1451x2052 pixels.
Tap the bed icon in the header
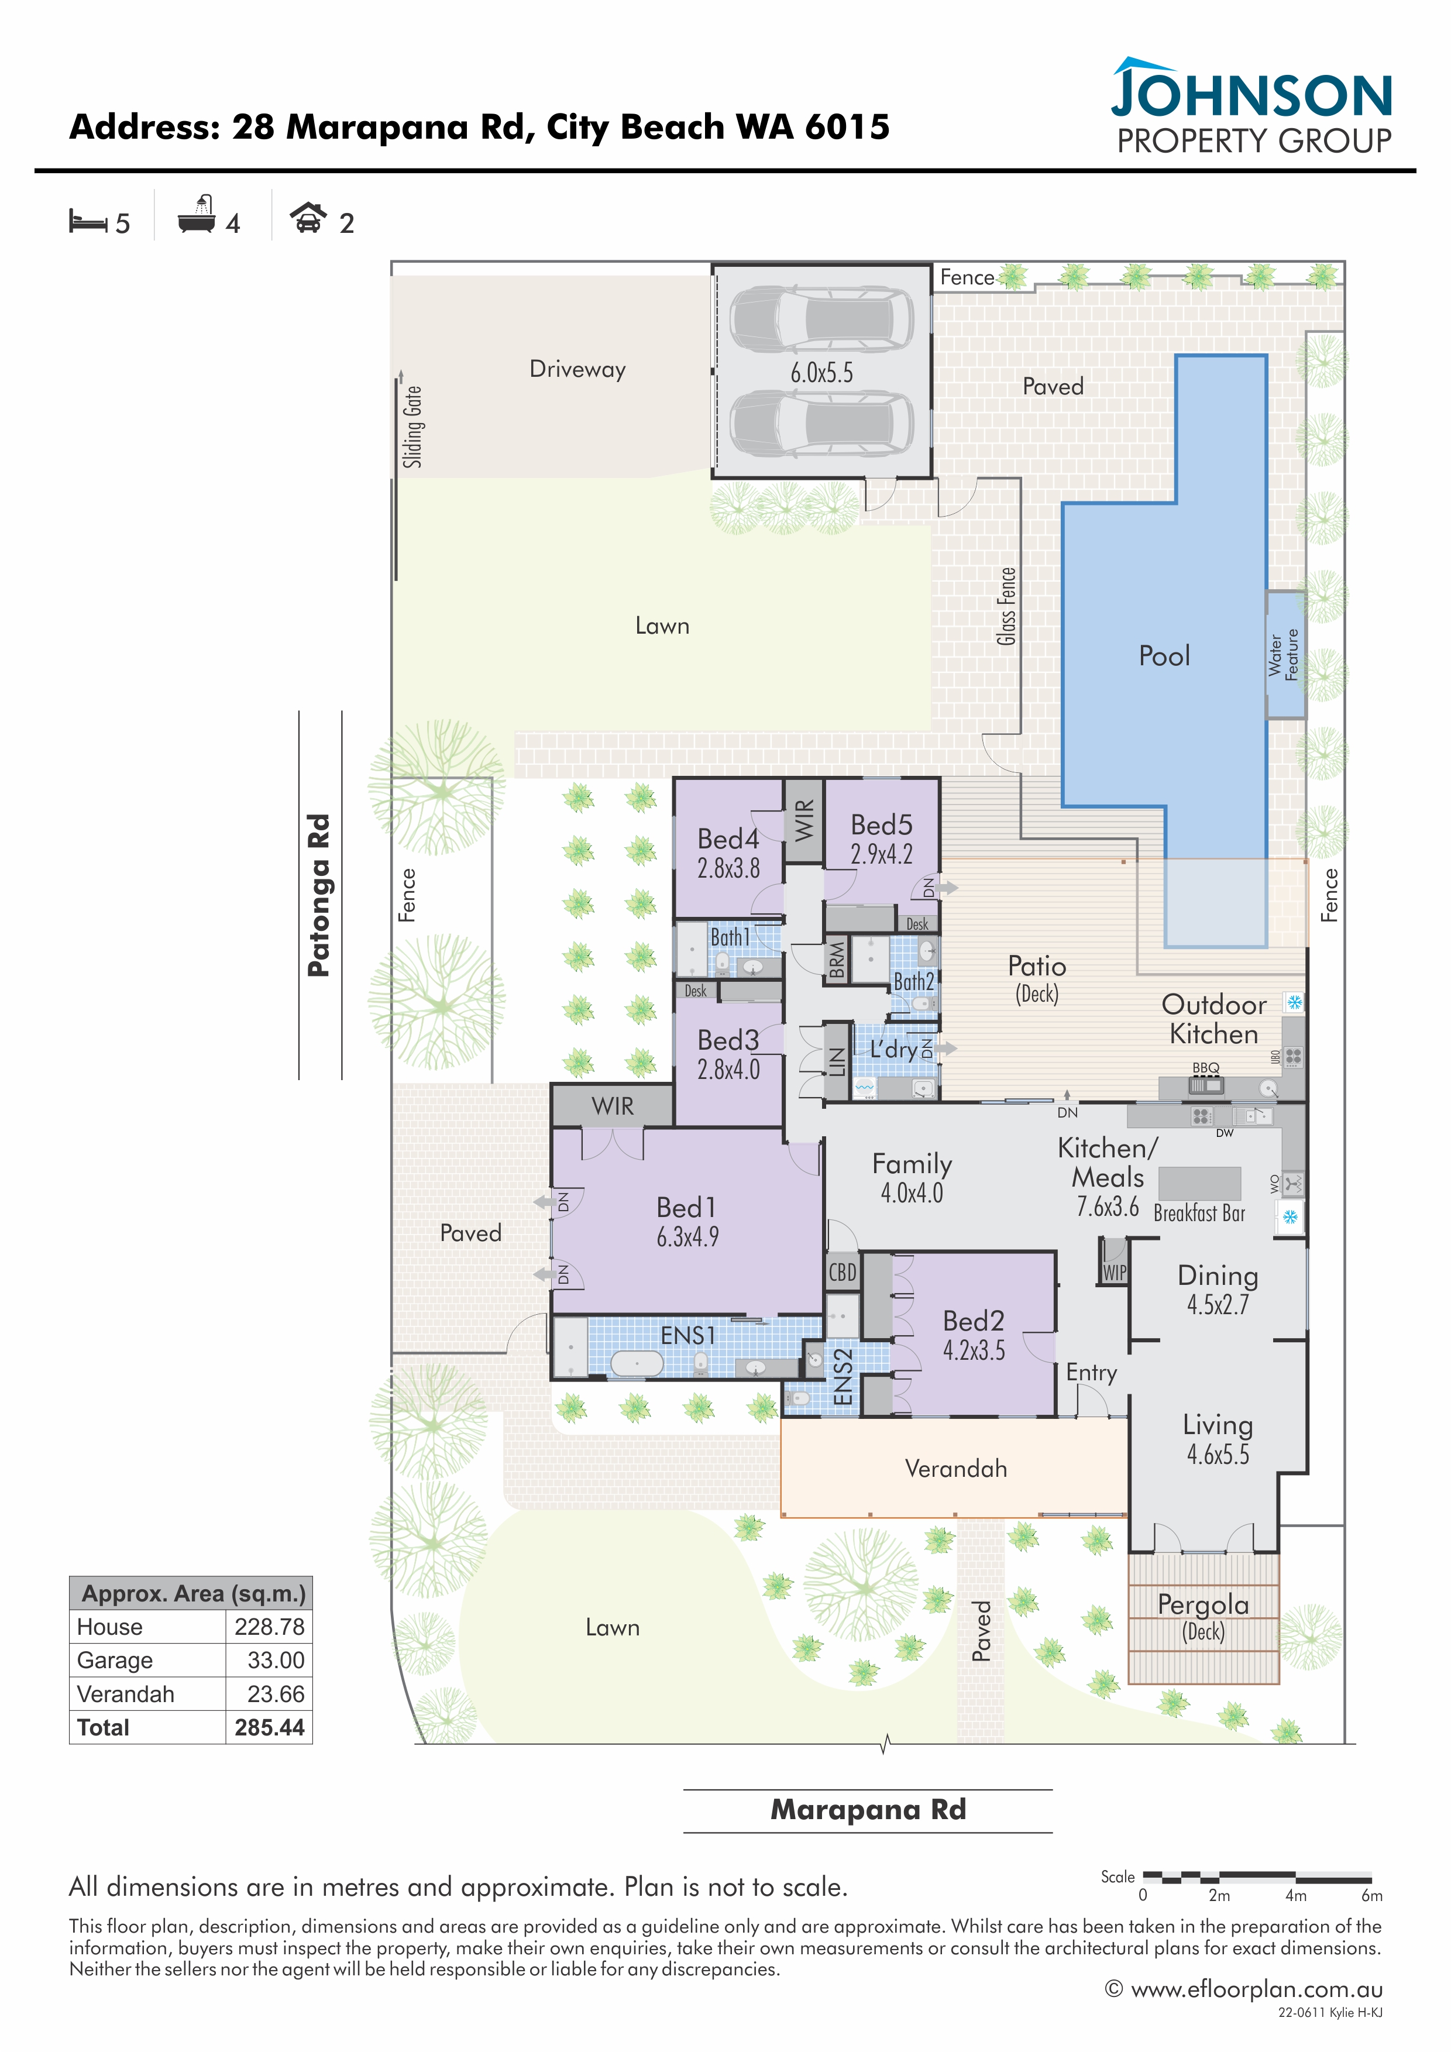coord(88,221)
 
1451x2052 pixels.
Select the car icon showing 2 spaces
coord(308,218)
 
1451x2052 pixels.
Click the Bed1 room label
coord(686,1208)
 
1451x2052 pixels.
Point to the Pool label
coord(1164,656)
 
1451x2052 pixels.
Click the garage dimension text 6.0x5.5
coord(821,373)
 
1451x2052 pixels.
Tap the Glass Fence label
coord(1007,606)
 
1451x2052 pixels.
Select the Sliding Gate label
coord(412,427)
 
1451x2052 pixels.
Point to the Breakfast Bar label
coord(1199,1213)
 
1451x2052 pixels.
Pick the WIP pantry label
coord(1114,1272)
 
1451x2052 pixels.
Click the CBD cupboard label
coord(842,1272)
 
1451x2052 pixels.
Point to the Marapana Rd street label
coord(868,1810)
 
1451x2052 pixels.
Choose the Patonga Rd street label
coord(319,895)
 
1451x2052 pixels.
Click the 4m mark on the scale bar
coord(1295,1895)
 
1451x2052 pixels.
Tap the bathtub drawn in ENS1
coord(636,1363)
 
